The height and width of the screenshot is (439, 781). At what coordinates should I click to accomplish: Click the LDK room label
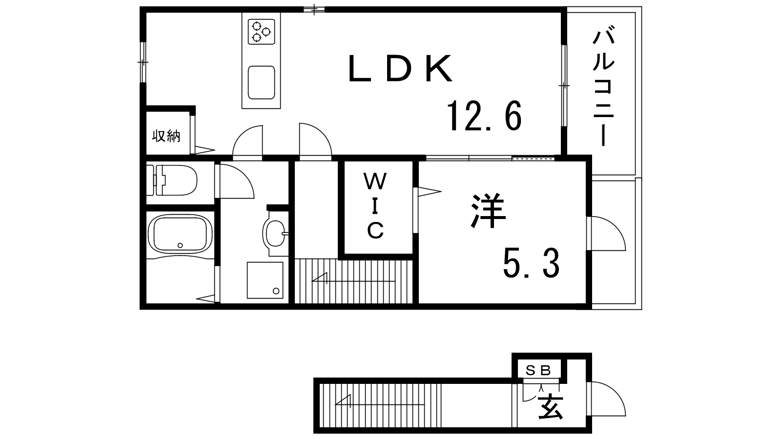coord(400,68)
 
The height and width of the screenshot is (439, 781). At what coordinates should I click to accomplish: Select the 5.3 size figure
coord(531,263)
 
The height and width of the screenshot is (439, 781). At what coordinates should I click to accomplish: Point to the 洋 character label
coord(488,211)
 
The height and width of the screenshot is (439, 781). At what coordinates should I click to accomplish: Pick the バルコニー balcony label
coord(603,88)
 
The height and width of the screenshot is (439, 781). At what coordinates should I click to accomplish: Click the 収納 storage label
coord(166,136)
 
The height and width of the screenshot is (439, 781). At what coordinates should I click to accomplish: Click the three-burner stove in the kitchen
coord(262,32)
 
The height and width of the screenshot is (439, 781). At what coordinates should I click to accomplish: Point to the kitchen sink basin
coord(262,82)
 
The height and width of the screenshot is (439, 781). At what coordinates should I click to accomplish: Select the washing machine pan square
coord(265,280)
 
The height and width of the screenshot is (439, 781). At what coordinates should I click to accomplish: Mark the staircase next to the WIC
coord(354,281)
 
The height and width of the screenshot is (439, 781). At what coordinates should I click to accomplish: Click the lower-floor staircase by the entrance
coord(381,405)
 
